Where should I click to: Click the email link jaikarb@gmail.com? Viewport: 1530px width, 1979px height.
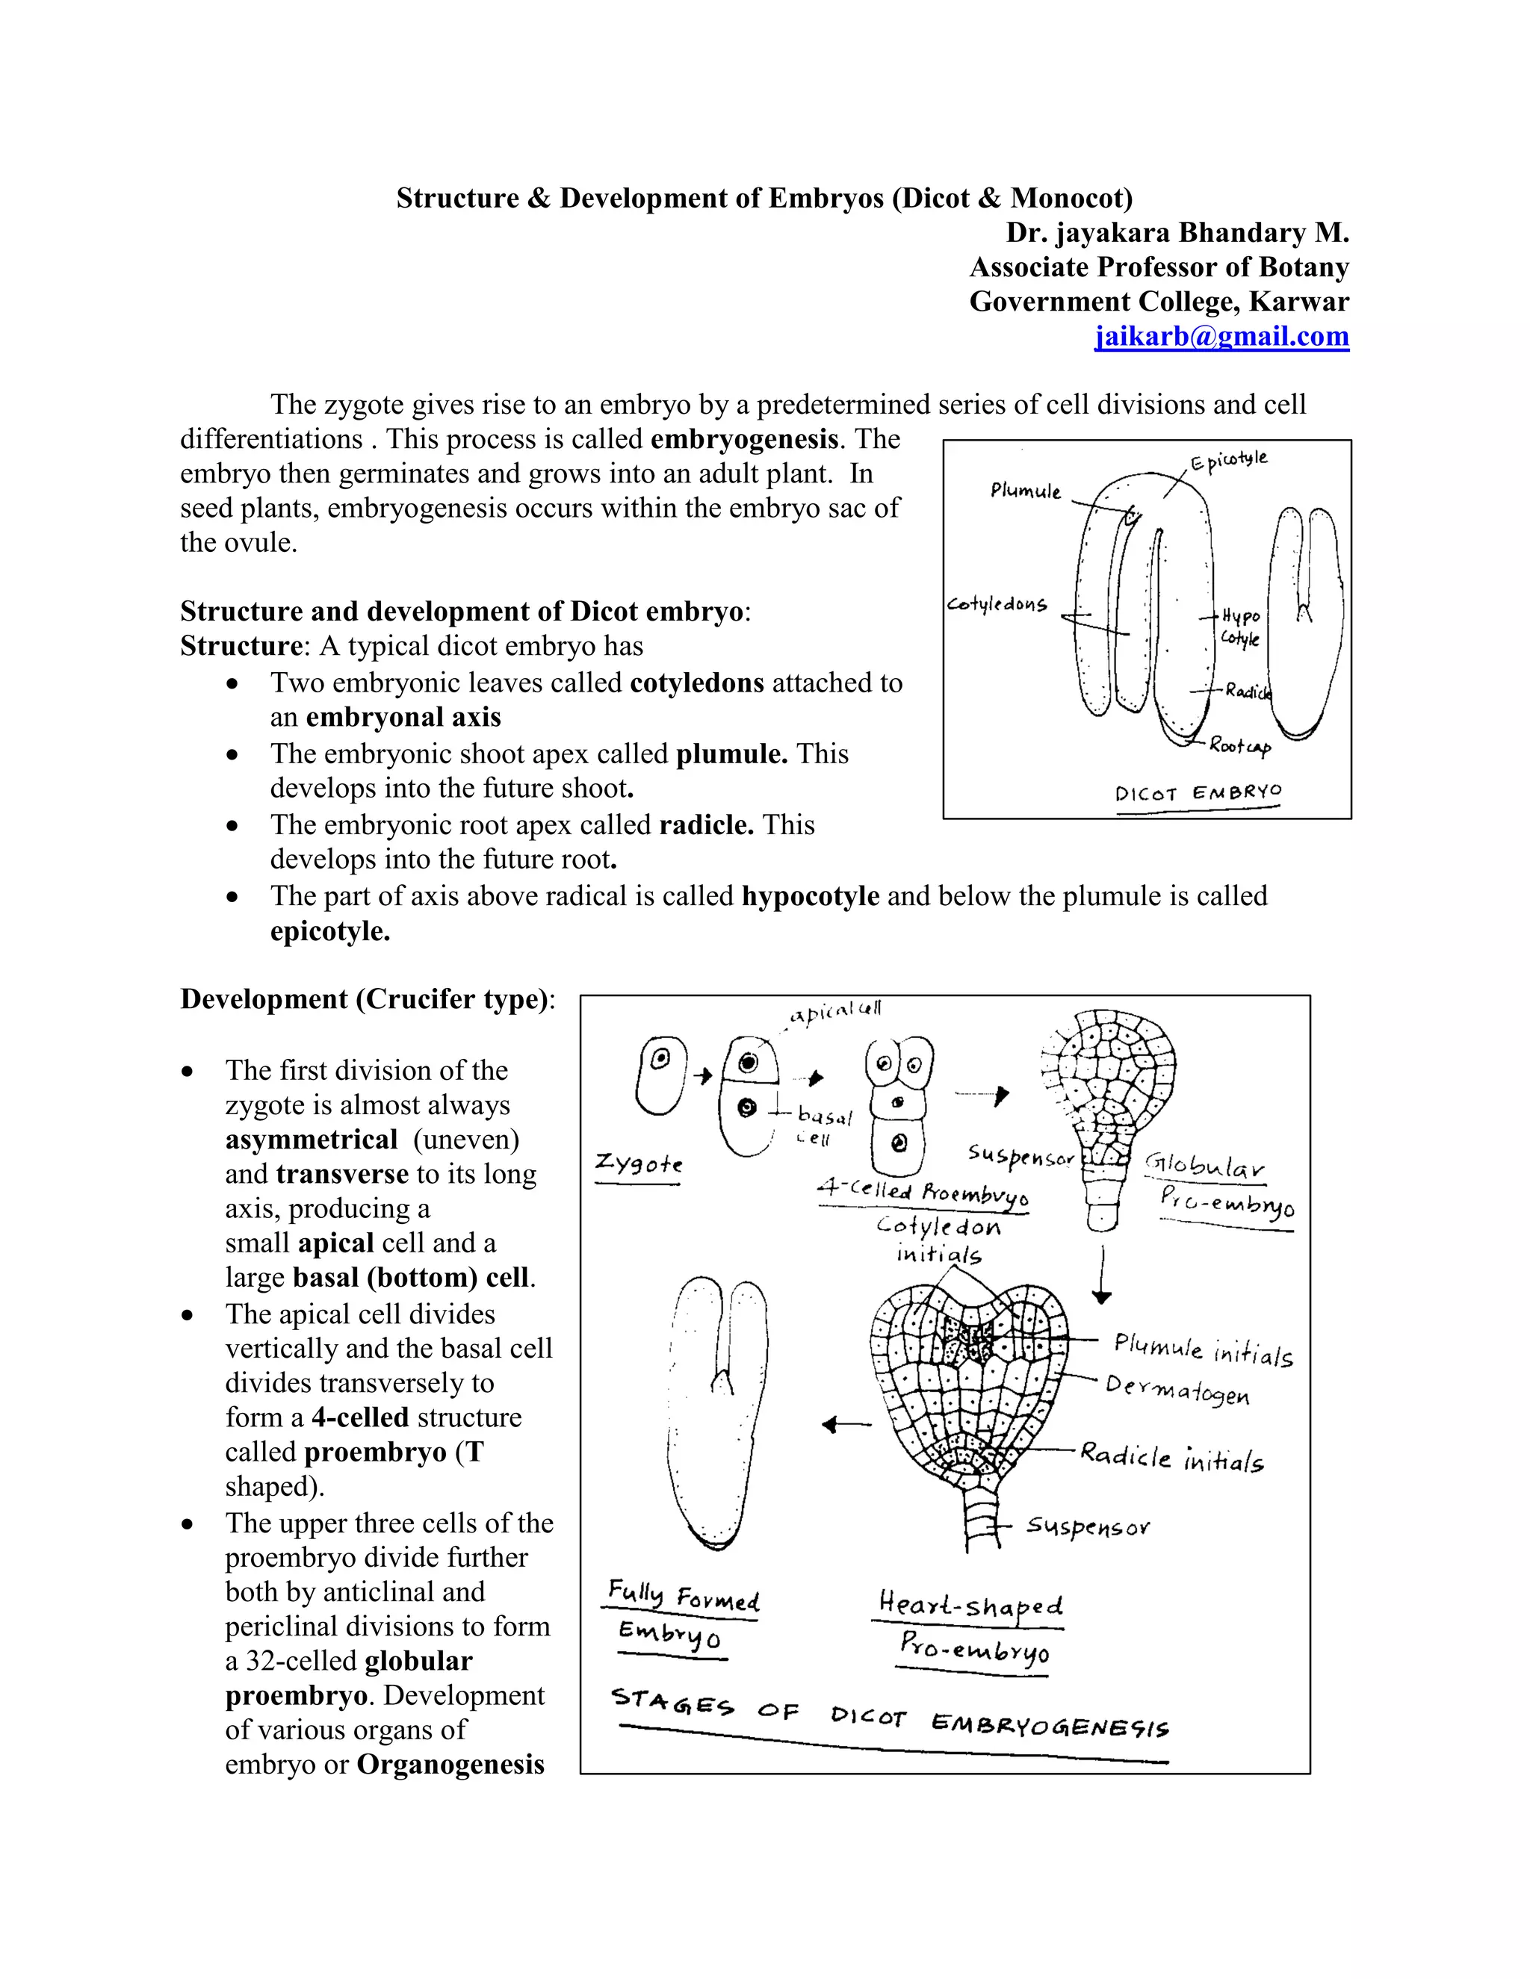tap(1221, 336)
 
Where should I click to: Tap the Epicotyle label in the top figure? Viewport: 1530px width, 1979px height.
tap(1229, 459)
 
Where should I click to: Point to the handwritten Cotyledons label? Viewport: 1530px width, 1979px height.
tap(996, 603)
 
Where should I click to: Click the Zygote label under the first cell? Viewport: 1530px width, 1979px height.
tap(638, 1163)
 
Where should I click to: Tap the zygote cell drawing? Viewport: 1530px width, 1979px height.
tap(660, 1075)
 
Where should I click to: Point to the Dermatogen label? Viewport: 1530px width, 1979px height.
tap(1177, 1389)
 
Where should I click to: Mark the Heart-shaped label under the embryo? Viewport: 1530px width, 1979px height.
tap(970, 1605)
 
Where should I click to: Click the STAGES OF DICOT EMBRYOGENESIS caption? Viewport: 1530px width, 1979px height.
tap(890, 1715)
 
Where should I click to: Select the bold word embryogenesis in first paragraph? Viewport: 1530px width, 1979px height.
tap(744, 439)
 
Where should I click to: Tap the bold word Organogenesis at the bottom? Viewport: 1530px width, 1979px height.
tap(450, 1764)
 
